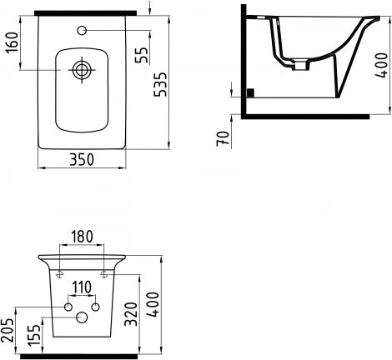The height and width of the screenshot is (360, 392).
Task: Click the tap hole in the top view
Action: coord(81,32)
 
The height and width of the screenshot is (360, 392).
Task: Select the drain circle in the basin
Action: coord(81,71)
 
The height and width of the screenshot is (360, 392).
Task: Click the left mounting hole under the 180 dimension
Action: coord(60,272)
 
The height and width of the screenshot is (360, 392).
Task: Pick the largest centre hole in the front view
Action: coord(82,317)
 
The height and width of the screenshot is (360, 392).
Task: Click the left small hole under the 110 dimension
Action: coord(68,307)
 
